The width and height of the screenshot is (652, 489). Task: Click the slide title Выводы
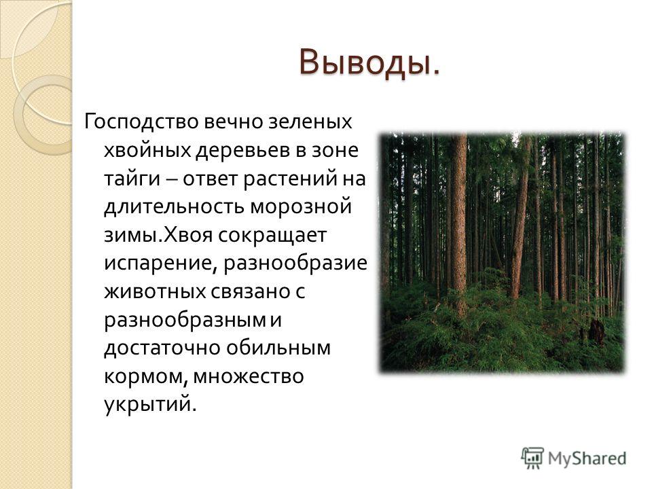pyautogui.click(x=369, y=64)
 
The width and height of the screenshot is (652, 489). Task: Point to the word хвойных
pyautogui.click(x=147, y=150)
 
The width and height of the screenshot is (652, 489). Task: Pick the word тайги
pyautogui.click(x=132, y=179)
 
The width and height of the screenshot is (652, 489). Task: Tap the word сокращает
pyautogui.click(x=272, y=236)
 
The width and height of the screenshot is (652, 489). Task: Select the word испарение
pyautogui.click(x=160, y=264)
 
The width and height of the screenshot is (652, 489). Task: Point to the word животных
pyautogui.click(x=155, y=292)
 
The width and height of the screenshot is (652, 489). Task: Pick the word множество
pyautogui.click(x=249, y=376)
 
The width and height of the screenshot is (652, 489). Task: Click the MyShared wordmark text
pyautogui.click(x=587, y=458)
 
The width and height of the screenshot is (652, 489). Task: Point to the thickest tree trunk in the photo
pyautogui.click(x=459, y=225)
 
